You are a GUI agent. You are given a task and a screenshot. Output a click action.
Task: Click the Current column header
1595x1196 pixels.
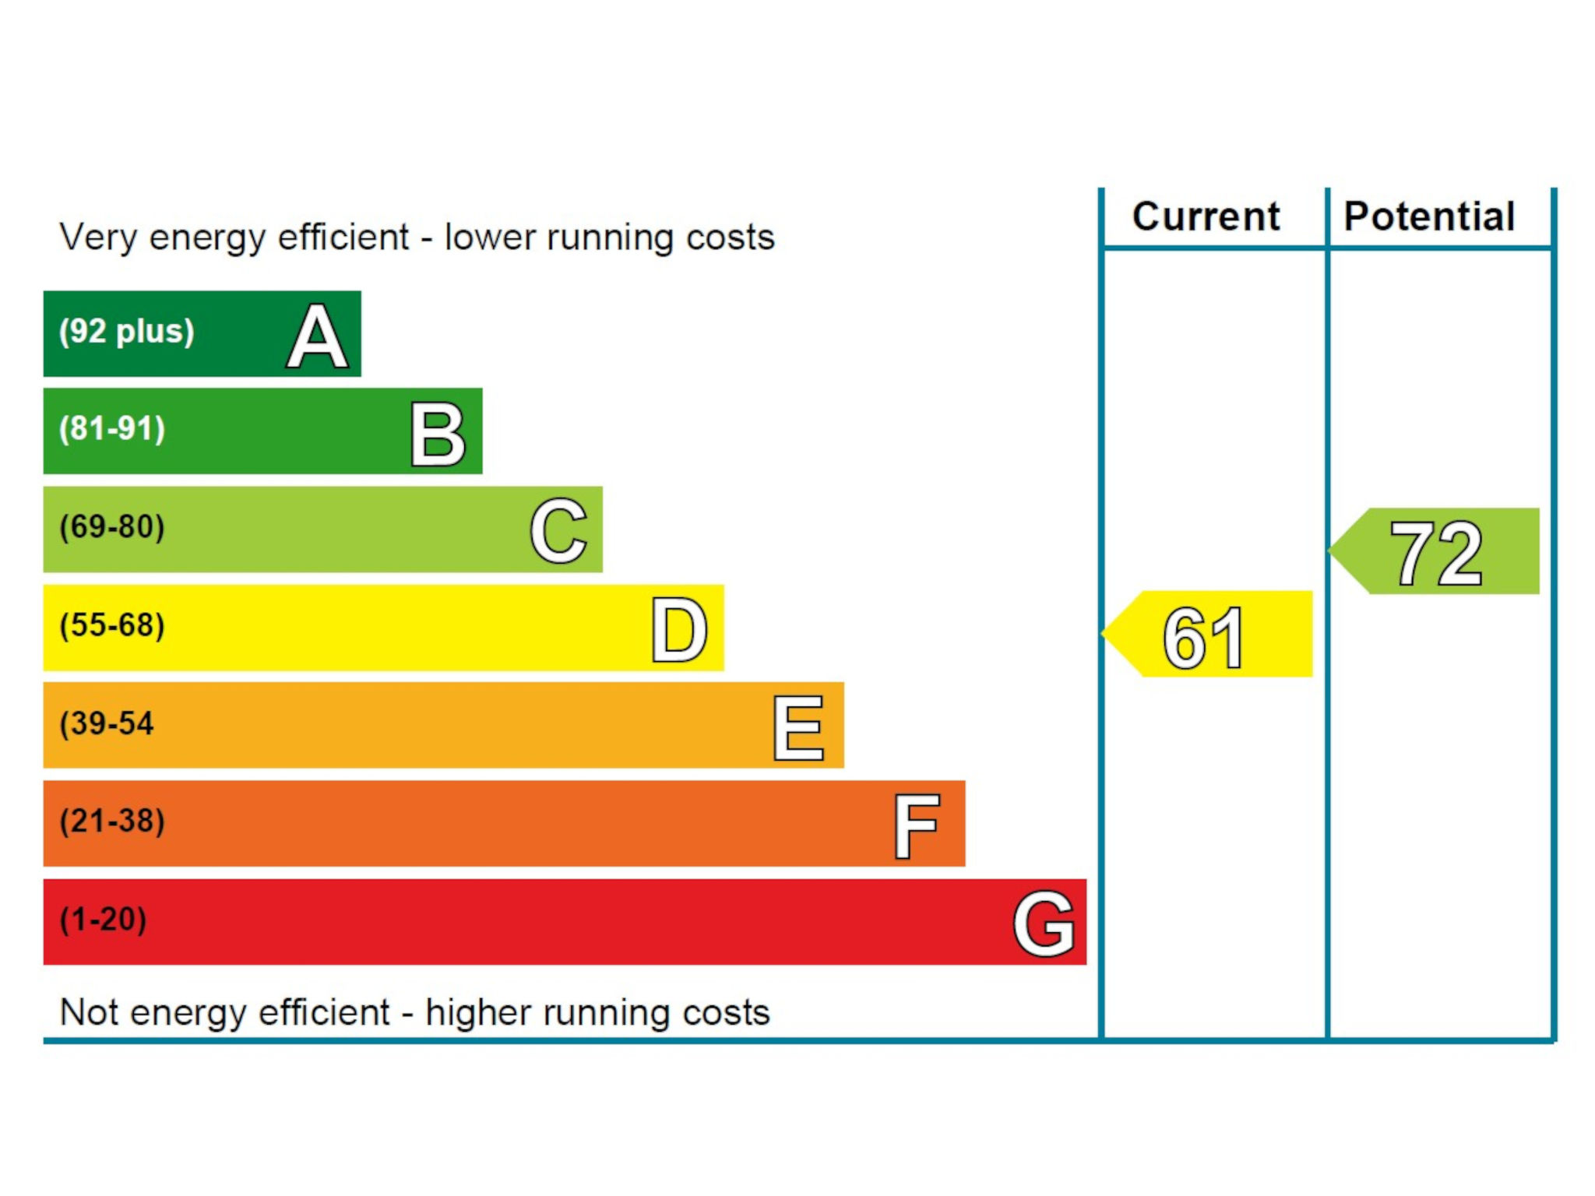click(1206, 216)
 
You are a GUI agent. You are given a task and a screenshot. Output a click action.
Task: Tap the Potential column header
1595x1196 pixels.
click(1429, 216)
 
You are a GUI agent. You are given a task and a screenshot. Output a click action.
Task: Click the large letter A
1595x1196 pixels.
click(317, 336)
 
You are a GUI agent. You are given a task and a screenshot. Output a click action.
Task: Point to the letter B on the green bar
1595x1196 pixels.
click(438, 434)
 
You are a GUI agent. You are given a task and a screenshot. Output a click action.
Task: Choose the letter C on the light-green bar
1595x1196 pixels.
click(558, 531)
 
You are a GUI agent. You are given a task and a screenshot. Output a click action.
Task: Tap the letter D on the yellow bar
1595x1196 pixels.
click(679, 629)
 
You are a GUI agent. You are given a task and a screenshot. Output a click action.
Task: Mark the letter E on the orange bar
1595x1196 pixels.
click(798, 727)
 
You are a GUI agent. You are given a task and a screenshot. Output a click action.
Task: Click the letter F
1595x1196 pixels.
click(917, 825)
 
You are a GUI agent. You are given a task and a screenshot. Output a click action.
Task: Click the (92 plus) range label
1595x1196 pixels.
click(127, 332)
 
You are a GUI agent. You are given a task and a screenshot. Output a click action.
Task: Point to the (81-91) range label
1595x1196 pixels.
click(113, 429)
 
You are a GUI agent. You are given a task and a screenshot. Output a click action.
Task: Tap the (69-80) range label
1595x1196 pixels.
click(113, 527)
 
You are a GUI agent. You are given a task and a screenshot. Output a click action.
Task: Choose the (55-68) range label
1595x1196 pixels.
click(113, 625)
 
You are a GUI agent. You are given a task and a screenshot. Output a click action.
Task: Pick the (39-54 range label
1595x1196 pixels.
click(107, 723)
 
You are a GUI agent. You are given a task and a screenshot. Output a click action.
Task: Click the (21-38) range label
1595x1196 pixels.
click(113, 821)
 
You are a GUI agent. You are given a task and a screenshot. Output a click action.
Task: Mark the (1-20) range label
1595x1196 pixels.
click(104, 920)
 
